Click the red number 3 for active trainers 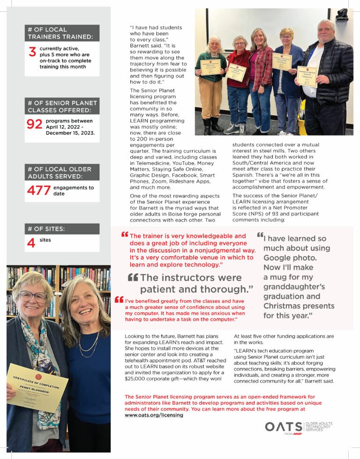coord(32,52)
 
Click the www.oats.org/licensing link coord(154,415)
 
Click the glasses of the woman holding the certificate coord(33,296)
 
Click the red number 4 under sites coord(31,243)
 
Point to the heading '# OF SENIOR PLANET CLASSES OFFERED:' coord(62,106)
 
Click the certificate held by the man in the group coord(307,76)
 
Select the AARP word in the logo coord(296,433)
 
